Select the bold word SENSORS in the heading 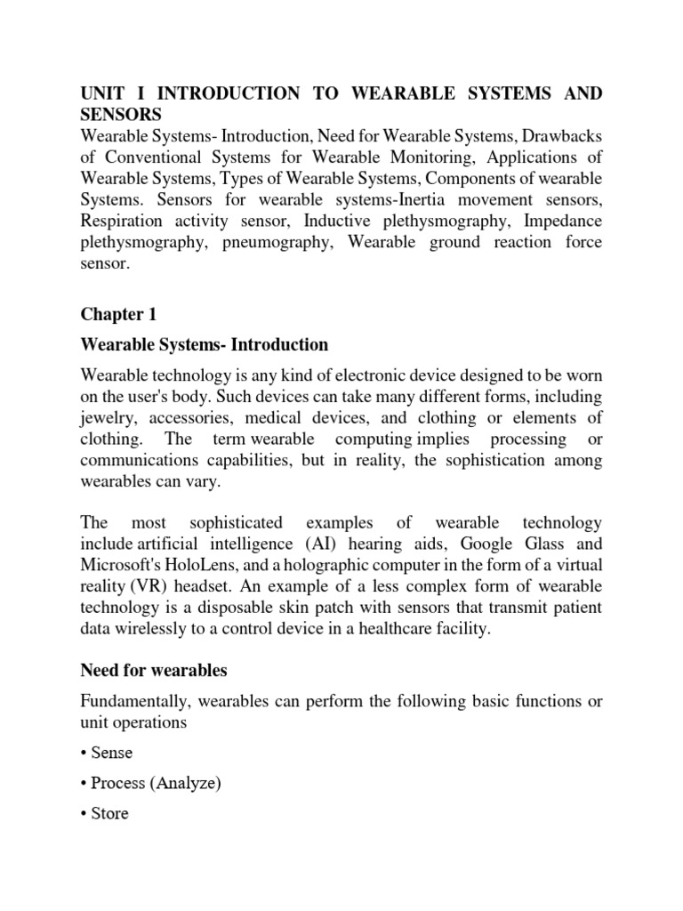[x=121, y=115]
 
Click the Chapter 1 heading [x=112, y=314]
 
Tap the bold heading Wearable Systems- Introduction [x=205, y=344]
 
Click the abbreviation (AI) [x=332, y=544]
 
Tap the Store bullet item [x=109, y=813]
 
